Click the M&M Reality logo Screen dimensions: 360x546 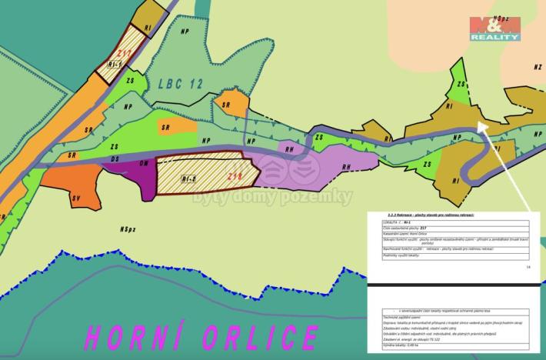pos(495,28)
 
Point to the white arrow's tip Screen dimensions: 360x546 pos(481,125)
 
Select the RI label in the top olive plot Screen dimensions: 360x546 pos(147,28)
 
